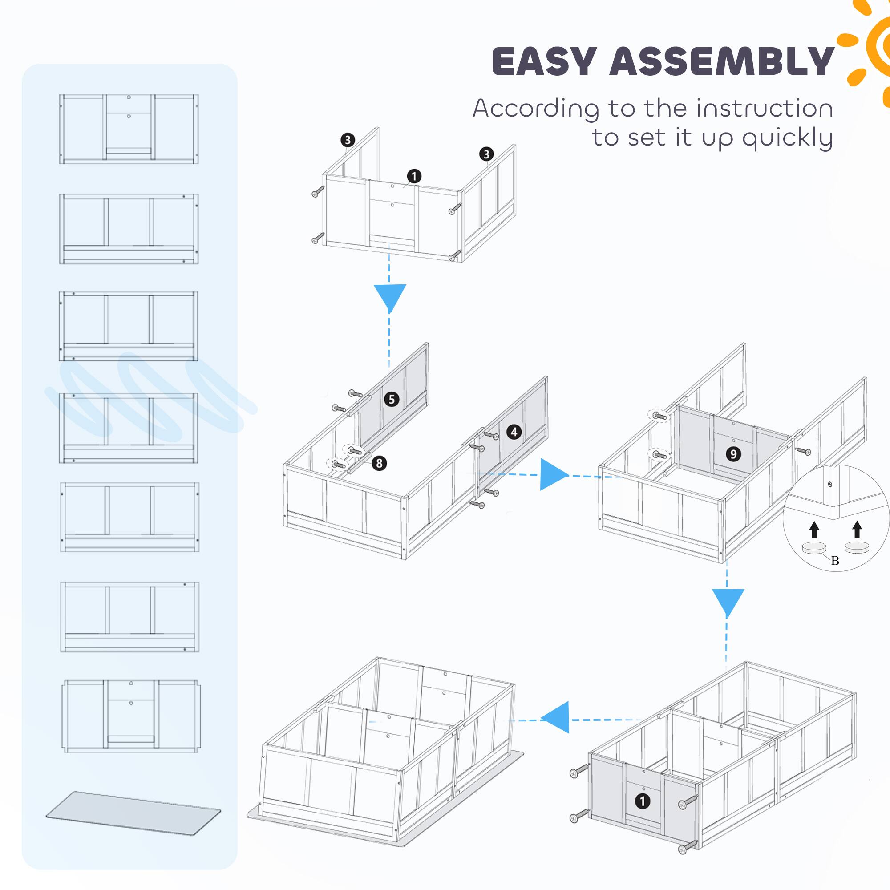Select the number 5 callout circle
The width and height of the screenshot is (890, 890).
[392, 399]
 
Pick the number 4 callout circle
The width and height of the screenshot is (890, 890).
[514, 432]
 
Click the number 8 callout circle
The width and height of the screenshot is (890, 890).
[379, 463]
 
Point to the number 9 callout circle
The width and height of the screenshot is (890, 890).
[733, 454]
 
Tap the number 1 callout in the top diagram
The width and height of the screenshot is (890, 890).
[414, 176]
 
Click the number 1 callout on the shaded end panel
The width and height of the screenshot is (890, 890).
[642, 801]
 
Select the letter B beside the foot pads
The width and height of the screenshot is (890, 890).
[835, 561]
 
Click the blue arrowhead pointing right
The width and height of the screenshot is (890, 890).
[553, 474]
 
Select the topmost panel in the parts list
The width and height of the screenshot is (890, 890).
[129, 129]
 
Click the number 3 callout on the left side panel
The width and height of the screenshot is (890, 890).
[348, 140]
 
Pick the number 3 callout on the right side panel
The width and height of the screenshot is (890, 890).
[486, 154]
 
